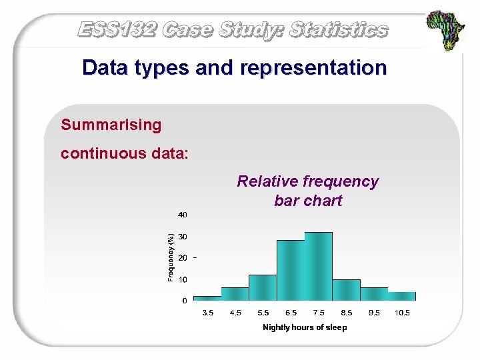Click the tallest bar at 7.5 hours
318,267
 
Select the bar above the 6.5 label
290,271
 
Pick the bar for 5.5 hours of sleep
263,288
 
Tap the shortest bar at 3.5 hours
207,298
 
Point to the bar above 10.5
402,296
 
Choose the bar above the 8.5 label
346,290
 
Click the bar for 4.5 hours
235,294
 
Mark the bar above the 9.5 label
374,294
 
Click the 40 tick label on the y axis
182,215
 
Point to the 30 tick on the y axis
182,237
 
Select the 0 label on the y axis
185,301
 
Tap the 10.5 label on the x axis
402,312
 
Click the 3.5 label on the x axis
208,312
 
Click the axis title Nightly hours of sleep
305,327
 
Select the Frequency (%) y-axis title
171,257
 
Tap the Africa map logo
446,31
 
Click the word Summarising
111,125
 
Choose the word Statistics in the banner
339,29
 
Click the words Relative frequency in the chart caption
307,181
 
